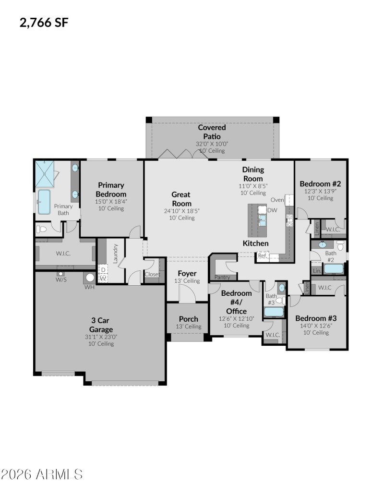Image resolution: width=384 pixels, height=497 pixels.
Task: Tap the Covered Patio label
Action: click(x=212, y=132)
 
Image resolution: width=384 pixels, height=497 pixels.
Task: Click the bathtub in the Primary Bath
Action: click(x=44, y=202)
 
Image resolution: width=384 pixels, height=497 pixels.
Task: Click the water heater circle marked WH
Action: click(x=89, y=277)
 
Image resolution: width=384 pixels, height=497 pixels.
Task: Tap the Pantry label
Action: click(x=222, y=277)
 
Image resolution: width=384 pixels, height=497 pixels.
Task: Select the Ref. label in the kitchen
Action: click(x=262, y=256)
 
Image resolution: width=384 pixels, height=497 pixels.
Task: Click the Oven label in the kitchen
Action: click(x=277, y=200)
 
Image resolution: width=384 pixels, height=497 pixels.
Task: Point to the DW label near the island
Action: click(x=272, y=210)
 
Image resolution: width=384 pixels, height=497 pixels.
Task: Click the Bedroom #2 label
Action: click(x=320, y=183)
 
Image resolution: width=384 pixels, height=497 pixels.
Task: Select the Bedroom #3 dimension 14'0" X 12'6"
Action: click(x=315, y=325)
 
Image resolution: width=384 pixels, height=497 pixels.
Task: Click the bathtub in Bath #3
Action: click(x=274, y=312)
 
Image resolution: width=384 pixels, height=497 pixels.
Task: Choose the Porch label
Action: click(x=188, y=319)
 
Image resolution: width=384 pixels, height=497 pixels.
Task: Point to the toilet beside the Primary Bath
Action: click(x=42, y=230)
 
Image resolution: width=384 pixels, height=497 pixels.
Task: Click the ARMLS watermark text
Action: click(x=42, y=474)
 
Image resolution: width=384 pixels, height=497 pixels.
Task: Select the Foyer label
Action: click(x=187, y=274)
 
